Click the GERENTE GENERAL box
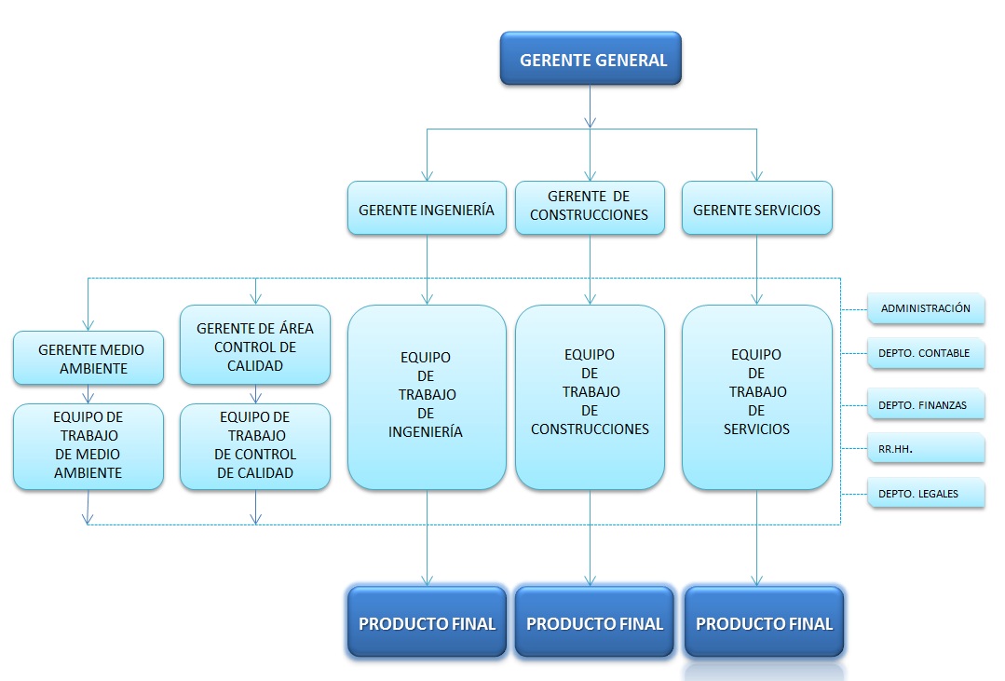coord(591,60)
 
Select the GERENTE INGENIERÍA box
coord(427,209)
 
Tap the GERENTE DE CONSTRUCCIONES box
coord(590,207)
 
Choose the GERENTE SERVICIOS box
coord(756,209)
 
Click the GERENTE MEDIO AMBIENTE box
coord(88,359)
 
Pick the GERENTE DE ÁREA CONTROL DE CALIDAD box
coord(255,345)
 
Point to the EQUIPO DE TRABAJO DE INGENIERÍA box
coord(427,396)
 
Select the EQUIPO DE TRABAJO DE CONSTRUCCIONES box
coord(590,396)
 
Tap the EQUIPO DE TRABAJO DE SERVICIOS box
coord(756,396)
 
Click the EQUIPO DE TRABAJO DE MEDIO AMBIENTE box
coord(88,446)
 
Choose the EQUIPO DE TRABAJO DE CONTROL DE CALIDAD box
coord(255,446)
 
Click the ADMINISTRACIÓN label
coord(925,308)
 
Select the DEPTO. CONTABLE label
coord(925,353)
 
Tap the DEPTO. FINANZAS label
coord(925,404)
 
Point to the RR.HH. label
coord(925,448)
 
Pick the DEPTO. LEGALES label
coord(925,493)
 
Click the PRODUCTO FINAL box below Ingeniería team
coord(427,622)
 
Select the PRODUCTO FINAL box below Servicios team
coord(764,622)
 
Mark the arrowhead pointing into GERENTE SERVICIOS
coord(756,175)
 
